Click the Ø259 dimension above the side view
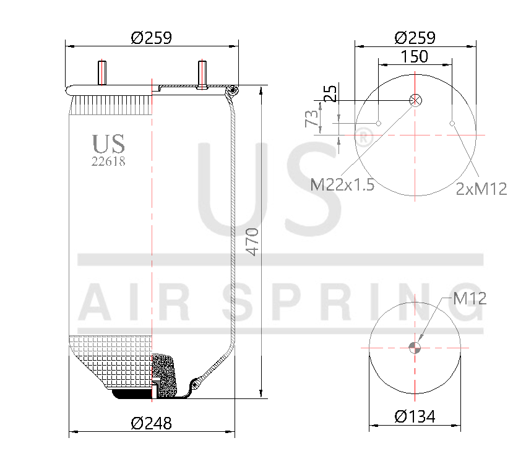point(151,38)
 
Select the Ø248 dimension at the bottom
point(151,424)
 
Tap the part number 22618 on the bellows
point(109,161)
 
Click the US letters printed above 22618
point(109,144)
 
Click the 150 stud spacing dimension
point(415,56)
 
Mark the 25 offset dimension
point(331,93)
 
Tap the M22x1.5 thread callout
point(342,184)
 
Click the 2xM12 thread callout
point(481,189)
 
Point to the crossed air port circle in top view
point(415,100)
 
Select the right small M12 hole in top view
point(452,124)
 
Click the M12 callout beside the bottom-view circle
point(470,299)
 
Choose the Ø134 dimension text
point(415,417)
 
